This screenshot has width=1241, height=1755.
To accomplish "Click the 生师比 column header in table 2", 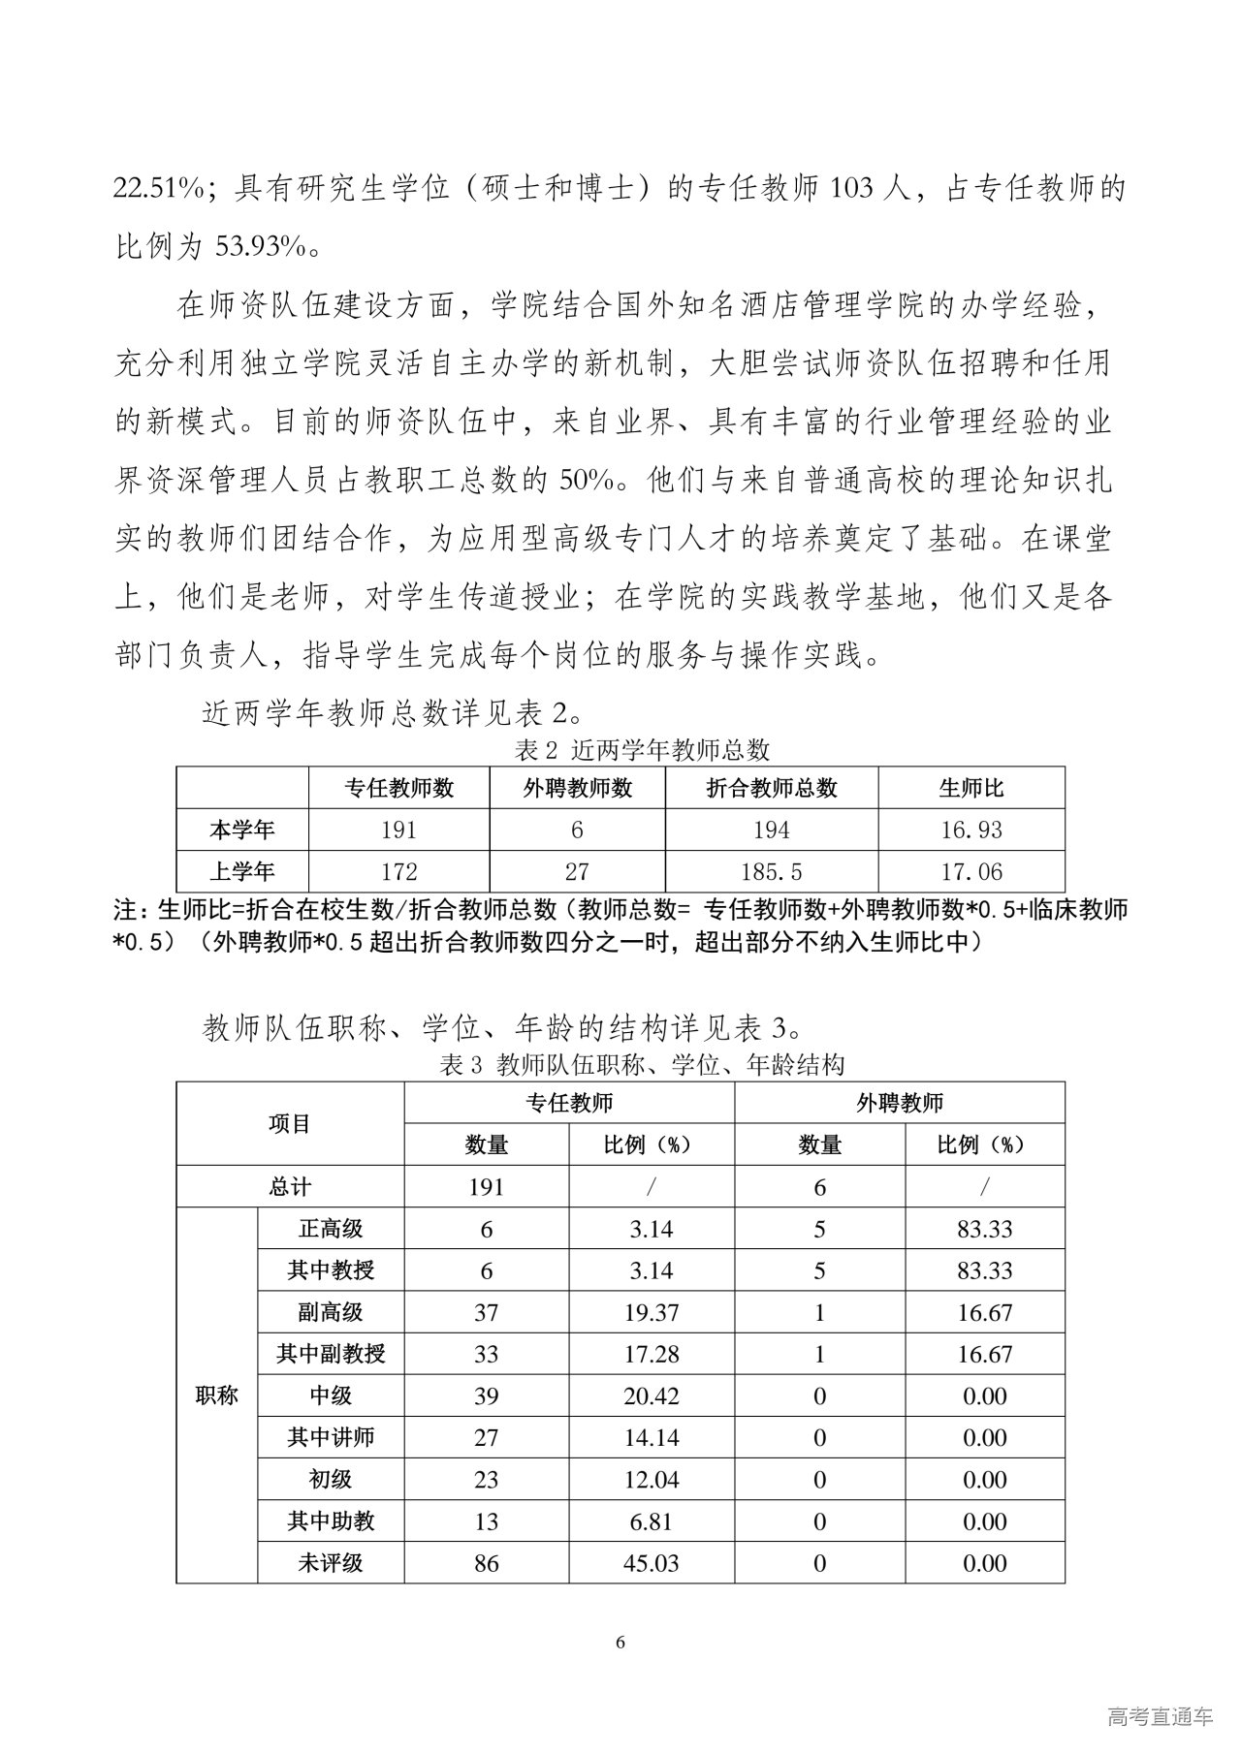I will point(971,788).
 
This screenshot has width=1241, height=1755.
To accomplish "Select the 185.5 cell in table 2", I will point(771,872).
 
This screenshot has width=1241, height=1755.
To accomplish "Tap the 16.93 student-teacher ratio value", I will point(971,830).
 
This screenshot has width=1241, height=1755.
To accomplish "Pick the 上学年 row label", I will point(242,872).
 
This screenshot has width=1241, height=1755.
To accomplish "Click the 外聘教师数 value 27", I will point(577,872).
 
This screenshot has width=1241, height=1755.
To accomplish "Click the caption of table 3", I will point(642,1065).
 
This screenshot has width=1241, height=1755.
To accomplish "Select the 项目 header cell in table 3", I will point(289,1124).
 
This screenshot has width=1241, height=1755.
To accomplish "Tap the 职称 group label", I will point(216,1396).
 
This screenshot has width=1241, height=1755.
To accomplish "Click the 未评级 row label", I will point(331,1563).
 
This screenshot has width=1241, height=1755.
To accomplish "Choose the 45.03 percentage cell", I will point(652,1563).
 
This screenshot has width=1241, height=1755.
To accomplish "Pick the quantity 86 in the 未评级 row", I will point(486,1563).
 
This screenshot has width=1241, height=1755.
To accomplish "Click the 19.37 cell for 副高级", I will point(652,1313).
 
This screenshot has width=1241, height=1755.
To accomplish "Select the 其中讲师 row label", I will point(331,1438).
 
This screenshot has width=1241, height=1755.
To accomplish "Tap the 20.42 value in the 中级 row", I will point(652,1396).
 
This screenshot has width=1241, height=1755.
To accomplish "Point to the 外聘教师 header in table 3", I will point(899,1103).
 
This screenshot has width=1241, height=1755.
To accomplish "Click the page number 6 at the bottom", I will point(620,1643).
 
